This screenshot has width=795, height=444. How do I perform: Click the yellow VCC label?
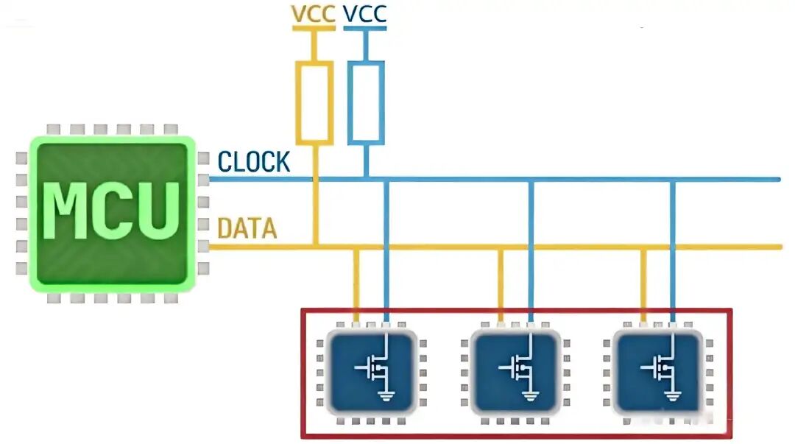[x=314, y=14]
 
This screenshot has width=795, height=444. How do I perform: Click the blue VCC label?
[x=365, y=14]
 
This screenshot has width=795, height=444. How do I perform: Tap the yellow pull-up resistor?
[x=314, y=102]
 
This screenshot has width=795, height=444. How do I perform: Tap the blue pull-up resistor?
[x=366, y=102]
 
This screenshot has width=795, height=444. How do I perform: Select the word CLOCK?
[x=254, y=162]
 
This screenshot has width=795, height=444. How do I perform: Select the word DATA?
[x=247, y=229]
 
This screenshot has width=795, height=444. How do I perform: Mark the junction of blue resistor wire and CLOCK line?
[x=366, y=179]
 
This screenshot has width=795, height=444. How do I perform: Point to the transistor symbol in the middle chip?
[x=519, y=366]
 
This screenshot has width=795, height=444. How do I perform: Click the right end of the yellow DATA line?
[x=779, y=247]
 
